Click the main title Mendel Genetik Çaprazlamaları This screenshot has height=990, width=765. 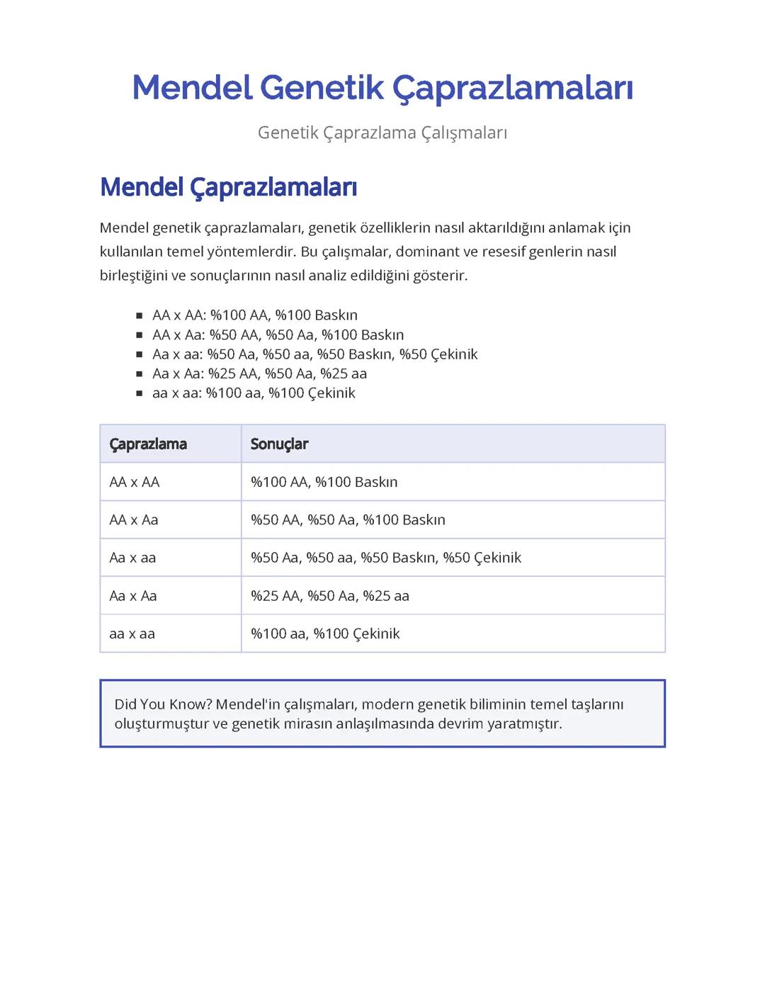pos(382,88)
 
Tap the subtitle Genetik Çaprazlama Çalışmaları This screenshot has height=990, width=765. pos(382,133)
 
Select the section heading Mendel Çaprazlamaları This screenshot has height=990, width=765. pos(228,187)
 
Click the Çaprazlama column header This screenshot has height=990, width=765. pos(148,444)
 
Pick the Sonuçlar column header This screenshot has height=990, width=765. pos(279,444)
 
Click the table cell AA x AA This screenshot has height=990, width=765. pos(135,482)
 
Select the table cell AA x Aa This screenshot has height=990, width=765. pos(134,520)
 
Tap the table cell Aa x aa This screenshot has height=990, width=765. pos(132,558)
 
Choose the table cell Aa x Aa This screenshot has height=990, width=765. pos(133,596)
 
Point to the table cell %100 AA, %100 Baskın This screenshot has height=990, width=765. pos(324,482)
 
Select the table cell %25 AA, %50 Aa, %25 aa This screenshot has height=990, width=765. pos(329,596)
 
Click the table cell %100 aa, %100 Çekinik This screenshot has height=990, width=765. pos(325,634)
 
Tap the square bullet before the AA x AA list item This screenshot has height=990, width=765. pos(139,315)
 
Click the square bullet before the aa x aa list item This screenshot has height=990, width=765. pos(139,393)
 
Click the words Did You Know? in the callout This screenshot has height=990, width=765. pos(162,704)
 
